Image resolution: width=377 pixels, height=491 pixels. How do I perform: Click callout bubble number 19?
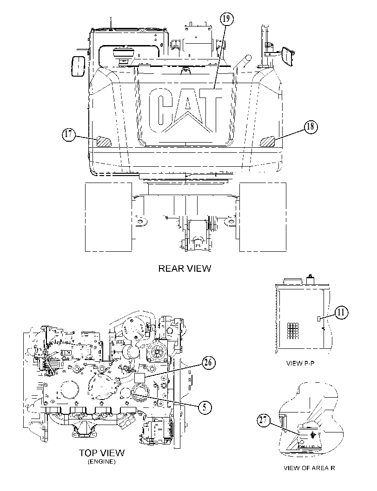click(x=226, y=19)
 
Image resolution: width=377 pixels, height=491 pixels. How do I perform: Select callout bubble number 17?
click(x=69, y=135)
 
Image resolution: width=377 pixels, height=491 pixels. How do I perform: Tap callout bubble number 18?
click(x=310, y=126)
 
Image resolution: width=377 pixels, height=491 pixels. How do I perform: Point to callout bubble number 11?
click(x=341, y=312)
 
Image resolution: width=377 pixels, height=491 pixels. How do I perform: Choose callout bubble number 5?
click(x=205, y=407)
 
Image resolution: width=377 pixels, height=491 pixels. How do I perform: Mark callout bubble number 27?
click(x=264, y=420)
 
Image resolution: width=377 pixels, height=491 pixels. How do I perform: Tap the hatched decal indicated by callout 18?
click(x=268, y=142)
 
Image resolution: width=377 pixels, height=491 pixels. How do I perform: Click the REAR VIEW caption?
click(x=185, y=268)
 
